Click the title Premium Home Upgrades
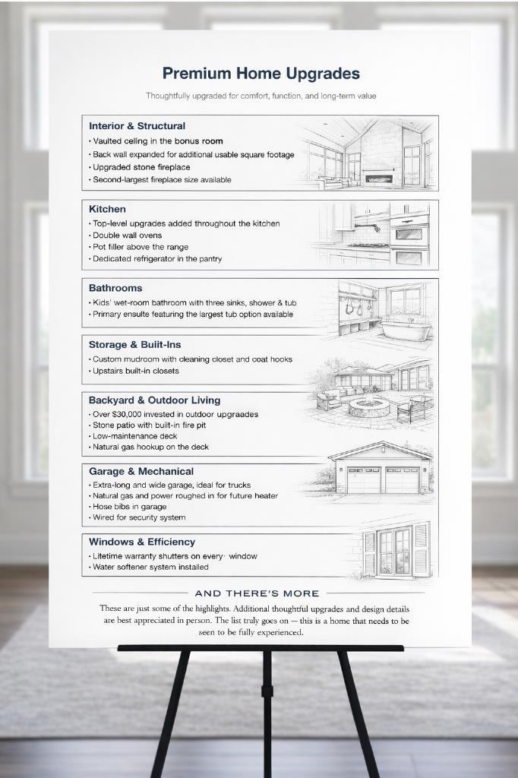pyautogui.click(x=261, y=74)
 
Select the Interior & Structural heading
pyautogui.click(x=137, y=126)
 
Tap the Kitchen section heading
pyautogui.click(x=107, y=209)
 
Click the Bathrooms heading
pyautogui.click(x=115, y=288)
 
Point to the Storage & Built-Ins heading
pyautogui.click(x=135, y=345)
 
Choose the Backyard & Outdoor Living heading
pyautogui.click(x=154, y=400)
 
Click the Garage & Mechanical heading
pyautogui.click(x=141, y=472)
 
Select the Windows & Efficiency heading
pyautogui.click(x=142, y=542)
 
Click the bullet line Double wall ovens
pyautogui.click(x=127, y=236)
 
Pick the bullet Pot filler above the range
pyautogui.click(x=141, y=247)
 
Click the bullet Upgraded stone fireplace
pyautogui.click(x=141, y=167)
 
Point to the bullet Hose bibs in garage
pyautogui.click(x=129, y=507)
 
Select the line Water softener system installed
pyautogui.click(x=150, y=567)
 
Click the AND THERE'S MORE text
pyautogui.click(x=257, y=593)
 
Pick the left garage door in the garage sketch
pyautogui.click(x=364, y=480)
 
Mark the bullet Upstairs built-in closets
pyautogui.click(x=136, y=371)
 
